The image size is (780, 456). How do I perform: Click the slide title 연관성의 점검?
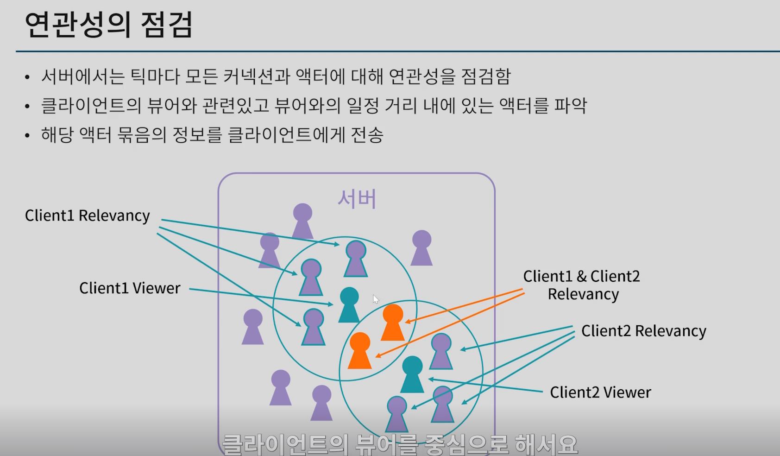pos(108,25)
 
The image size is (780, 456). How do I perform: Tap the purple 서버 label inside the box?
pos(357,199)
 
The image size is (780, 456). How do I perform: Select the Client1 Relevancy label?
pos(88,215)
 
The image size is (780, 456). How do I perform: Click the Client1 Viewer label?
pos(130,288)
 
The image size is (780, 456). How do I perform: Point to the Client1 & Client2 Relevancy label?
pos(582,285)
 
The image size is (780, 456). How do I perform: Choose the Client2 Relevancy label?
pos(643,331)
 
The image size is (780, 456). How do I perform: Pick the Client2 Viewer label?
pos(600,393)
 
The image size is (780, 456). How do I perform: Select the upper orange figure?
pos(393,323)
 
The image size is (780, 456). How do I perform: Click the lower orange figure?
pos(359,351)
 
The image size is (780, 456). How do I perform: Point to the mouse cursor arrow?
pos(376,299)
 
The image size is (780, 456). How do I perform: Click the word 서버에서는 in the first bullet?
pos(82,76)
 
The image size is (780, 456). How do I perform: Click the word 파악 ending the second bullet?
pos(570,106)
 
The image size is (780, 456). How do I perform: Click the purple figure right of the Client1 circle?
pos(421,248)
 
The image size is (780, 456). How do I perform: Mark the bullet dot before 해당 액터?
pos(27,136)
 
